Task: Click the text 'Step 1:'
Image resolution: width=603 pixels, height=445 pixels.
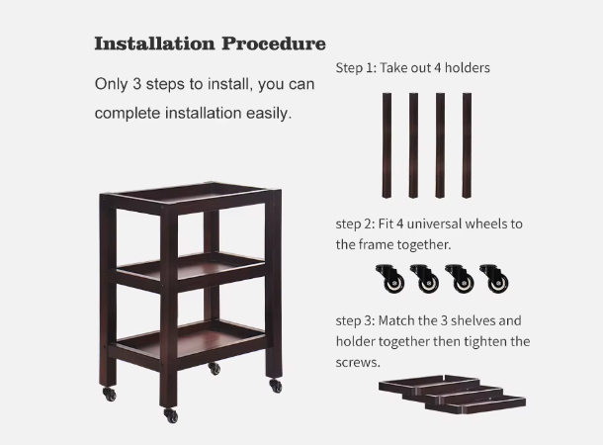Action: click(357, 68)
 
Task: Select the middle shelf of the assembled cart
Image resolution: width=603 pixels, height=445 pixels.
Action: click(193, 266)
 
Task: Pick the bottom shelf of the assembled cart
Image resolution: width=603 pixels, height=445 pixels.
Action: click(192, 341)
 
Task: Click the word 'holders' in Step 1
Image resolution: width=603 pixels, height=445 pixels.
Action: click(466, 68)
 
